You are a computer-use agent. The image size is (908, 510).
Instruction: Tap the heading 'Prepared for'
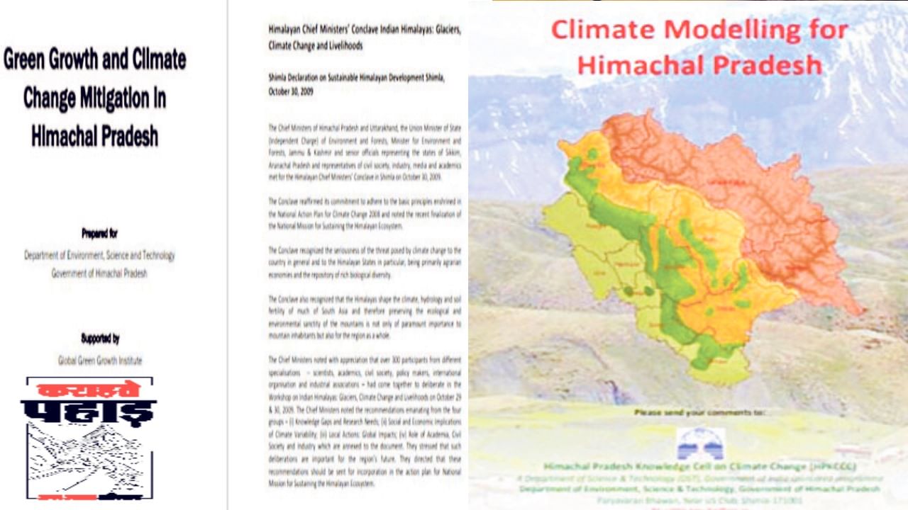99,232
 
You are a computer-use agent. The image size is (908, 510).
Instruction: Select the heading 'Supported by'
100,339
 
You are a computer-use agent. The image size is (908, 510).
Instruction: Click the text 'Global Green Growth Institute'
100,361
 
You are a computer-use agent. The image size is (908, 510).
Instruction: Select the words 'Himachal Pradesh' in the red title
699,64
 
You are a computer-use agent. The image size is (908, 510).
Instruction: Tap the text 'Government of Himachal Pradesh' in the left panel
99,273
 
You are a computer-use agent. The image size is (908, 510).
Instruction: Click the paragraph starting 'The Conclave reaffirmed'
365,213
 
